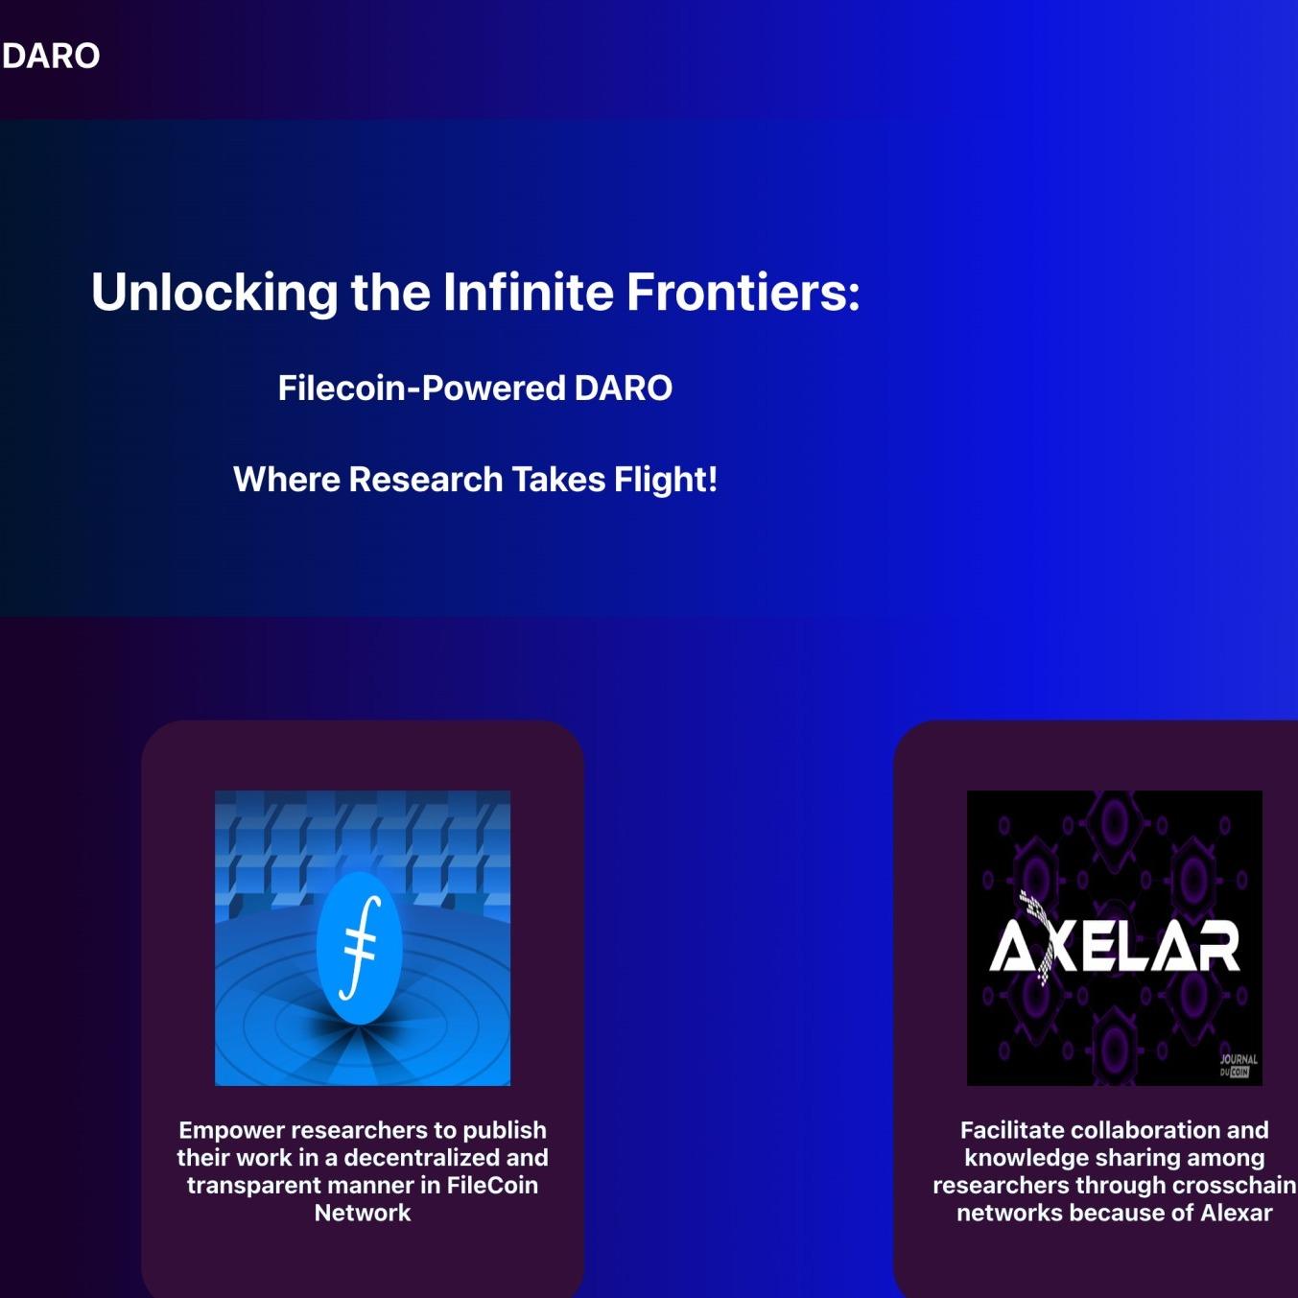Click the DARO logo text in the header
coord(51,56)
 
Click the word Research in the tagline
coord(425,480)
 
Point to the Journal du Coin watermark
coord(1238,1066)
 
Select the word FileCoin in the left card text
coord(492,1186)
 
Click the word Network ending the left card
coord(363,1214)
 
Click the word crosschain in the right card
coord(1234,1186)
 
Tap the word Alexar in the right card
coord(1236,1214)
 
